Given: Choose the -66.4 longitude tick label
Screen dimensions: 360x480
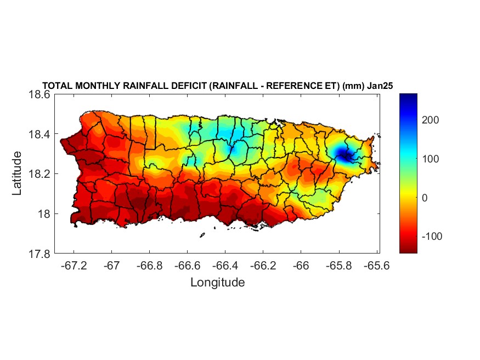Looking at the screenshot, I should pos(224,266).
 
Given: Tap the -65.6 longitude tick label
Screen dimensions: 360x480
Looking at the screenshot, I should pos(376,266).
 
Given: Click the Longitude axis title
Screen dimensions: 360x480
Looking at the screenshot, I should pos(217,283).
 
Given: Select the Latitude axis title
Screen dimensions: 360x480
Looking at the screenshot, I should pos(18,174).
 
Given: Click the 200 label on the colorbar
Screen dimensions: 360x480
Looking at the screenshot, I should pos(432,120).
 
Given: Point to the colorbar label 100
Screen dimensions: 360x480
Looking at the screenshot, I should pos(432,159).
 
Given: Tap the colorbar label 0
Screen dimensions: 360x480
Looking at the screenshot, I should pos(424,198).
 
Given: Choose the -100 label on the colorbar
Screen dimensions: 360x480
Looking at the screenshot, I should pos(432,236).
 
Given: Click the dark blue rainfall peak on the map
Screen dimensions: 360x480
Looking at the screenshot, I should pos(343,156).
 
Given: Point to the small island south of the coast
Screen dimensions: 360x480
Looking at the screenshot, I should pos(202,235).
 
